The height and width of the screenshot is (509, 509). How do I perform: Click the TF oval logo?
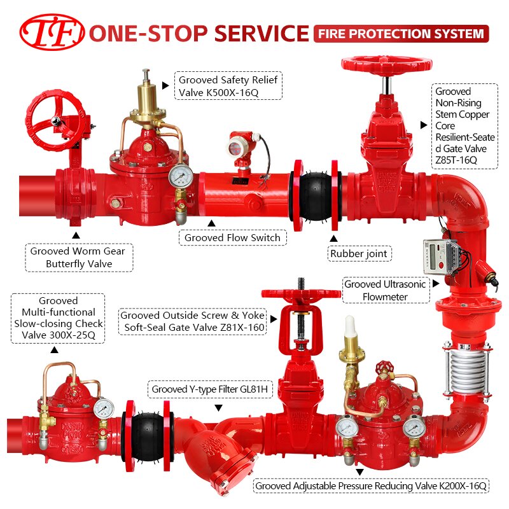click(52, 32)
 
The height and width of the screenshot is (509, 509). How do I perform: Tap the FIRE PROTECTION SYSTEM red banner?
click(401, 34)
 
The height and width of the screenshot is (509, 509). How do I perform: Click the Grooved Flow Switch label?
click(232, 237)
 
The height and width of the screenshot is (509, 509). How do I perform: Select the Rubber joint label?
click(359, 253)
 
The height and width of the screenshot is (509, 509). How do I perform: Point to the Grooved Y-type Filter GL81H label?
click(210, 389)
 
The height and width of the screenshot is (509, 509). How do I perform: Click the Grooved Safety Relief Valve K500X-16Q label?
click(228, 86)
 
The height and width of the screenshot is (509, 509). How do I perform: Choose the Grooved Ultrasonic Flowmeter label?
click(386, 290)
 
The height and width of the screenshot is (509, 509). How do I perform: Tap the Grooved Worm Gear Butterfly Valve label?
click(79, 258)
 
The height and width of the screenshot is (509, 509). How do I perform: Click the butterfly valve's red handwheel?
click(55, 121)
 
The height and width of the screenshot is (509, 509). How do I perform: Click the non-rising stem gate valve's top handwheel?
click(386, 63)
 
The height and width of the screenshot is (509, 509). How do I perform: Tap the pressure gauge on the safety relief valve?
click(181, 176)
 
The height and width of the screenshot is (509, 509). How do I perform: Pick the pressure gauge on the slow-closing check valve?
click(104, 408)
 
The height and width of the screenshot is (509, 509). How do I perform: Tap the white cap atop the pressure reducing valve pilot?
click(350, 326)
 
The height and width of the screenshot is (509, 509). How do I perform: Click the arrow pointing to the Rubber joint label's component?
click(333, 239)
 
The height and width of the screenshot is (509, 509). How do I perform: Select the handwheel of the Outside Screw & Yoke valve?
click(301, 294)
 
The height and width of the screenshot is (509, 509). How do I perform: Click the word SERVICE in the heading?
click(261, 33)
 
